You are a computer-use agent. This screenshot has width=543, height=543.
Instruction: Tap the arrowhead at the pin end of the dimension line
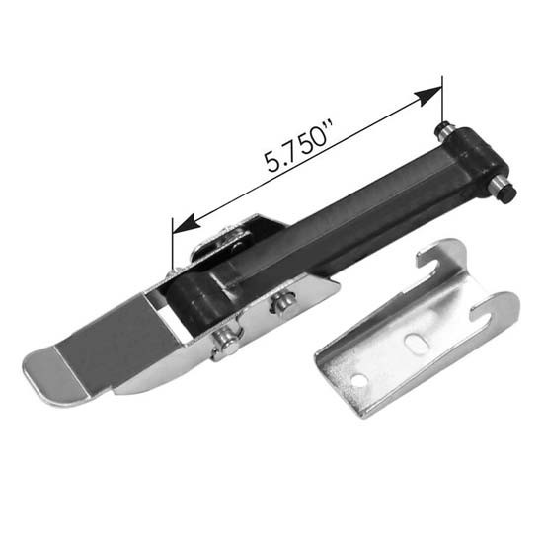430,96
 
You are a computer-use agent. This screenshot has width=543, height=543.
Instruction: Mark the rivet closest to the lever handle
225,343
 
